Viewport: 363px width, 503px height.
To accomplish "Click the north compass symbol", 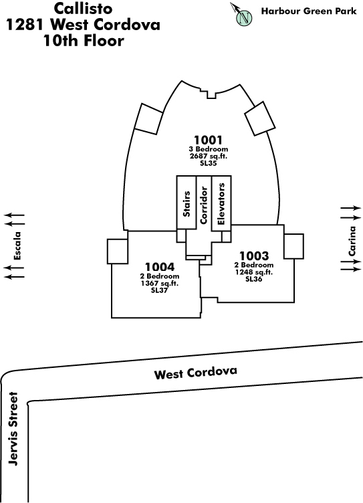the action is click(x=243, y=15).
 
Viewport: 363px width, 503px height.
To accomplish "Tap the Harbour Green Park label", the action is click(x=309, y=11).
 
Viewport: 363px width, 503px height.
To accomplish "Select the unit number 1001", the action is click(x=208, y=140).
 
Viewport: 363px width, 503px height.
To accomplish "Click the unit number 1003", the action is click(x=254, y=256).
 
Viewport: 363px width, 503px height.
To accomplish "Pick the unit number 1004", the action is click(x=160, y=267).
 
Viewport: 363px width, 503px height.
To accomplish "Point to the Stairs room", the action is click(x=187, y=203).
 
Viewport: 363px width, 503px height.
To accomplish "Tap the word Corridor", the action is click(x=204, y=205).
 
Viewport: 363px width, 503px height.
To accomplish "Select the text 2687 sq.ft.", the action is click(x=208, y=157).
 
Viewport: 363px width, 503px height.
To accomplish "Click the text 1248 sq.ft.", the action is click(x=254, y=272).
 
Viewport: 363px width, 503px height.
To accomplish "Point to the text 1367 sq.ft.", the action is click(x=160, y=283).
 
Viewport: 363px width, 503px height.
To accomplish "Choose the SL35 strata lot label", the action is click(x=208, y=163).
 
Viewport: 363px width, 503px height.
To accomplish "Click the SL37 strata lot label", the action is click(x=159, y=290).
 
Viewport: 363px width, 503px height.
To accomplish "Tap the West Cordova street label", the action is click(x=196, y=373).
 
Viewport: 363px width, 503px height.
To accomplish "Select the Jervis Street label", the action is click(x=13, y=429).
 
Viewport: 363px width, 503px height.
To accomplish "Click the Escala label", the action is click(x=17, y=245).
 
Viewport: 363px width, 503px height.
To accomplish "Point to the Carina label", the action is click(x=352, y=241).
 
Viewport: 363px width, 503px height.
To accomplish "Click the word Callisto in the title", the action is click(x=83, y=8).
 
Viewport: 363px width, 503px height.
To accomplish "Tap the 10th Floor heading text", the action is click(x=84, y=41).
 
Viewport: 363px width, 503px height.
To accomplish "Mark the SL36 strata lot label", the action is click(x=254, y=279).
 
